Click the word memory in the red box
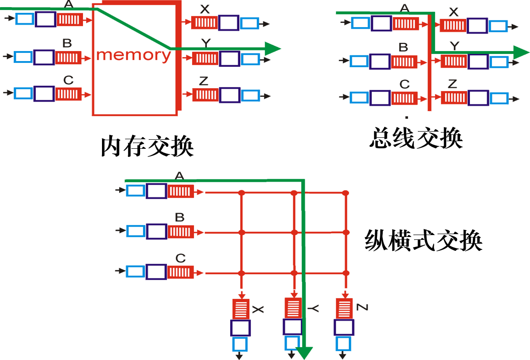point(133,55)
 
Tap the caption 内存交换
point(147,147)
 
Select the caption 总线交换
point(416,139)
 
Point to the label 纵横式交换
point(424,241)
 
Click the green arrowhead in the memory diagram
point(272,48)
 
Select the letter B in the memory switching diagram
point(67,43)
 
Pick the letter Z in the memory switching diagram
point(204,81)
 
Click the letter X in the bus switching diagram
point(454,12)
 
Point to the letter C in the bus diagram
point(404,84)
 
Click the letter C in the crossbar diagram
point(180,258)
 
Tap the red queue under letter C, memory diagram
point(69,93)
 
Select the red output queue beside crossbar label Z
point(344,309)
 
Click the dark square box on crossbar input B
point(156,232)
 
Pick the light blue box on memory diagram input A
point(24,19)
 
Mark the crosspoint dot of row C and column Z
point(346,273)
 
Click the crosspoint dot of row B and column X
point(242,233)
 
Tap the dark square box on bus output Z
point(478,98)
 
